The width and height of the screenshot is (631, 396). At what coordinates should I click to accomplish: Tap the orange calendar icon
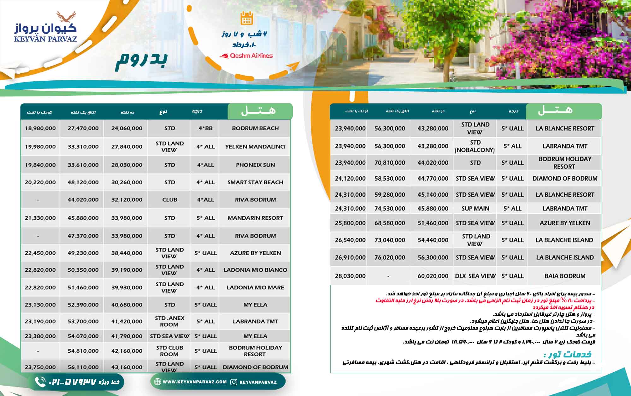click(246, 18)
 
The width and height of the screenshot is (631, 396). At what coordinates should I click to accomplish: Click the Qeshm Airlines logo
click(246, 56)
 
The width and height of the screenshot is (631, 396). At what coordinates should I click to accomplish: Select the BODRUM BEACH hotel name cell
click(255, 128)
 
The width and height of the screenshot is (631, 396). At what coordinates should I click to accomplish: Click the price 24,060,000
click(127, 128)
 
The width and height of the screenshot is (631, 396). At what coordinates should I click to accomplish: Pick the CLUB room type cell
click(169, 200)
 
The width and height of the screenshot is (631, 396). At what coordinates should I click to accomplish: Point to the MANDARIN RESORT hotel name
click(255, 218)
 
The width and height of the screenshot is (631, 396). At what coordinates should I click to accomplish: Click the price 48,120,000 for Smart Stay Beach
click(83, 182)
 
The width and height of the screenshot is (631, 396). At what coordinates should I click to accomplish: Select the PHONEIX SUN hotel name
click(255, 165)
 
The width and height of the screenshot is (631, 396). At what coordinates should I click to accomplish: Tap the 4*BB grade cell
click(205, 128)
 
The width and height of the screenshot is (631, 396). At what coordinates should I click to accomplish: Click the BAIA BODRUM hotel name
click(565, 276)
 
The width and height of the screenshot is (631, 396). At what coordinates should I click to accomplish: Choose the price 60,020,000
click(433, 276)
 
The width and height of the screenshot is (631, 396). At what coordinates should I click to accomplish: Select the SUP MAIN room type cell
click(475, 209)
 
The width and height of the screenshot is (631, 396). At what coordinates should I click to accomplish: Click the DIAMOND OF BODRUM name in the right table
click(565, 179)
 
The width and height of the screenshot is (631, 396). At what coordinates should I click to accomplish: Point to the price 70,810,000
click(390, 163)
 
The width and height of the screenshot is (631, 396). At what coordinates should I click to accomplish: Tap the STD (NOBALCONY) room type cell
click(475, 146)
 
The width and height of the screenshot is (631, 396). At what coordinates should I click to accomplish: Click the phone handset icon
click(40, 382)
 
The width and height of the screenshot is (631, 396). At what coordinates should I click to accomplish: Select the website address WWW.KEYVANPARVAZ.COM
click(194, 382)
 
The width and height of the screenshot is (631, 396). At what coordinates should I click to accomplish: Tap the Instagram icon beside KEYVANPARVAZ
click(234, 382)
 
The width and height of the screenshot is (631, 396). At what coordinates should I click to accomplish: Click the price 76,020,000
click(390, 258)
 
